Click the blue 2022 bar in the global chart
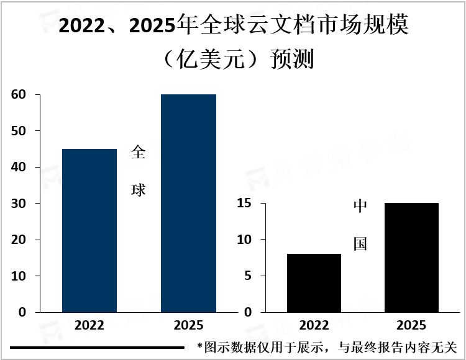pyautogui.click(x=89, y=230)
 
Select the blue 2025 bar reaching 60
pyautogui.click(x=188, y=203)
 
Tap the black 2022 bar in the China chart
pyautogui.click(x=314, y=282)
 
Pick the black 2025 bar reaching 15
pyautogui.click(x=411, y=257)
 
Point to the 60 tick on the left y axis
pyautogui.click(x=18, y=95)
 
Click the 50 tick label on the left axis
pyautogui.click(x=18, y=131)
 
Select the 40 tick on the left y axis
pyautogui.click(x=18, y=168)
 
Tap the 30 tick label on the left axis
pyautogui.click(x=18, y=204)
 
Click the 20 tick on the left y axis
pyautogui.click(x=18, y=240)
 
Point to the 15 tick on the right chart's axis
pyautogui.click(x=243, y=204)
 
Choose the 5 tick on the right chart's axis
pyautogui.click(x=247, y=276)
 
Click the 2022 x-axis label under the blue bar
pyautogui.click(x=89, y=326)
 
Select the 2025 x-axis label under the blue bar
pyautogui.click(x=188, y=326)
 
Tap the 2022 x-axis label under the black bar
pyautogui.click(x=314, y=326)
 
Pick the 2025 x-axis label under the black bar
pyautogui.click(x=411, y=326)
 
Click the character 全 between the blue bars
pyautogui.click(x=139, y=153)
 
